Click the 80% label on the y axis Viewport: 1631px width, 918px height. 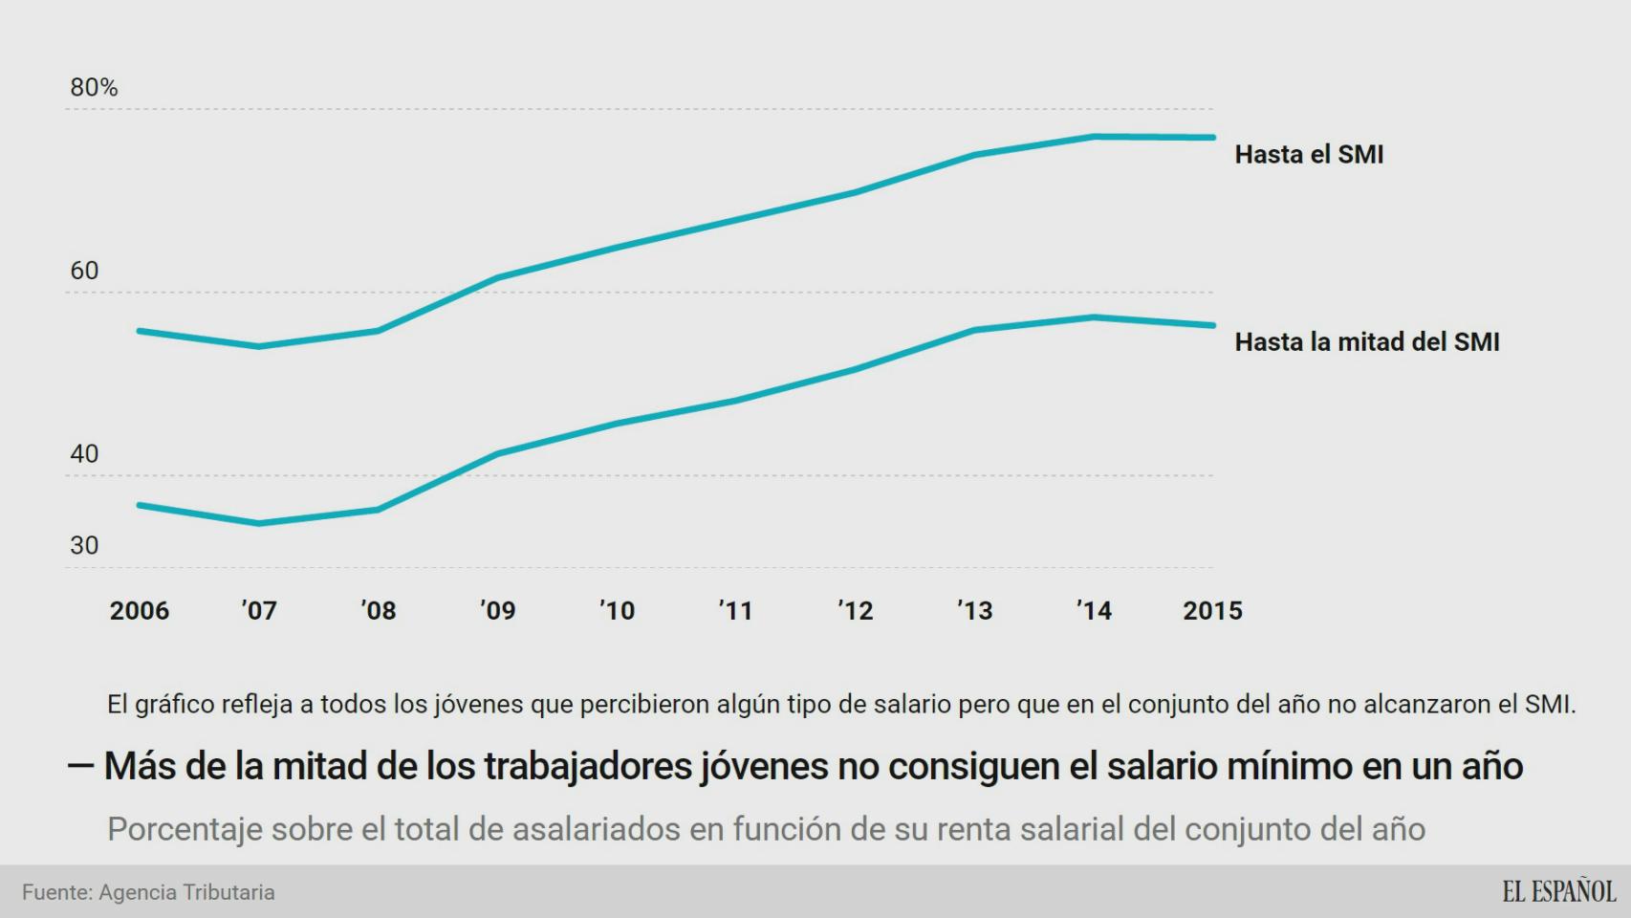coord(94,88)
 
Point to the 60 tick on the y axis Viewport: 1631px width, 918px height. coord(84,271)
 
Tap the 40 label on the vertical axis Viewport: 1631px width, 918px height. coord(84,454)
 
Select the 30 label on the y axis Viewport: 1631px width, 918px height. coord(84,546)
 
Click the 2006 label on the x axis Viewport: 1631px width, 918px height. coord(139,611)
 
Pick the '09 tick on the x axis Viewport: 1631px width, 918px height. coord(497,611)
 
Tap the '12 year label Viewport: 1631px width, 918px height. coord(856,611)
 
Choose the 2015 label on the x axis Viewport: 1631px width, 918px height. coord(1212,611)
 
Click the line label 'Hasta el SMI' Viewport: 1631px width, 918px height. coord(1309,155)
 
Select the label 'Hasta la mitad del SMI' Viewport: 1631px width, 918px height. coord(1366,342)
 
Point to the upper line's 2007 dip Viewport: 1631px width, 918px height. coord(259,346)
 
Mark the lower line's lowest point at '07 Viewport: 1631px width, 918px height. coord(259,523)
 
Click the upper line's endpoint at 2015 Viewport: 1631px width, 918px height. coord(1212,138)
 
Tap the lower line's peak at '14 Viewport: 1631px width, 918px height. coord(1094,317)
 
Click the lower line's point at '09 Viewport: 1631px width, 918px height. coord(497,453)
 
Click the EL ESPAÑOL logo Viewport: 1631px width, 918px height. coord(1558,892)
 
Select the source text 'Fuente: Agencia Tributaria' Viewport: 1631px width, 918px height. coord(148,892)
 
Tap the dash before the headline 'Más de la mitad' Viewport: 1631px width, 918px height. coord(80,766)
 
